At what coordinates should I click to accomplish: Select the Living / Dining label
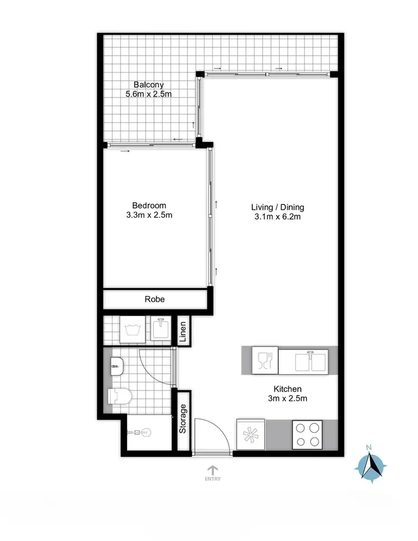277,208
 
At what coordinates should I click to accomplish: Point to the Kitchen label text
288,388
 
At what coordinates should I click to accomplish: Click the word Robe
154,299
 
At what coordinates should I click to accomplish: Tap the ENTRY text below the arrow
212,479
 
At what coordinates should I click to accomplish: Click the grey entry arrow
212,469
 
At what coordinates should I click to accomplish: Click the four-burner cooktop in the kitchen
308,435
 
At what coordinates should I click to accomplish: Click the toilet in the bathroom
119,397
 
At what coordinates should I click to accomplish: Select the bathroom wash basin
115,365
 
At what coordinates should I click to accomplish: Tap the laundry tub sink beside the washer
160,329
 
